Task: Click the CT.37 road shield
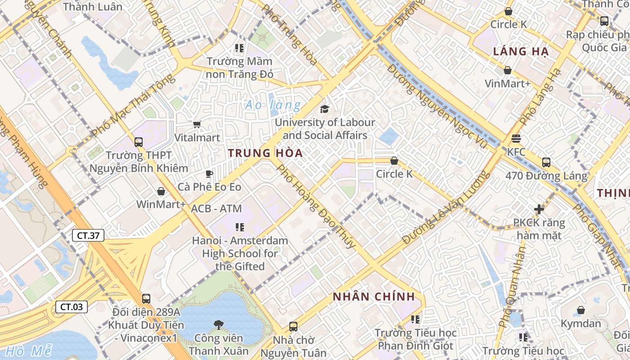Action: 88,235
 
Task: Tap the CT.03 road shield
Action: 71,307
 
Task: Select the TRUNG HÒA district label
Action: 265,153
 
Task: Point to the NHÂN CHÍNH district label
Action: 373,297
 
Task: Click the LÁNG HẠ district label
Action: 521,51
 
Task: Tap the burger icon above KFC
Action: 516,139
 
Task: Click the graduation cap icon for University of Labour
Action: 324,109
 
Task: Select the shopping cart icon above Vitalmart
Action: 197,124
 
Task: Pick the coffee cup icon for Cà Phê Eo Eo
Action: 209,174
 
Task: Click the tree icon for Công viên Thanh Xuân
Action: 219,324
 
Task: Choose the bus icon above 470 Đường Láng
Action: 546,162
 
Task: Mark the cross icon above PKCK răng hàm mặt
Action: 539,209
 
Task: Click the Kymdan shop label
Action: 580,324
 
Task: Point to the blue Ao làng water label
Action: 273,105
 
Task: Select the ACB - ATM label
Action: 216,209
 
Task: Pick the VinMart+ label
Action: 507,84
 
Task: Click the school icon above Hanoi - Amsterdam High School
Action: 239,227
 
